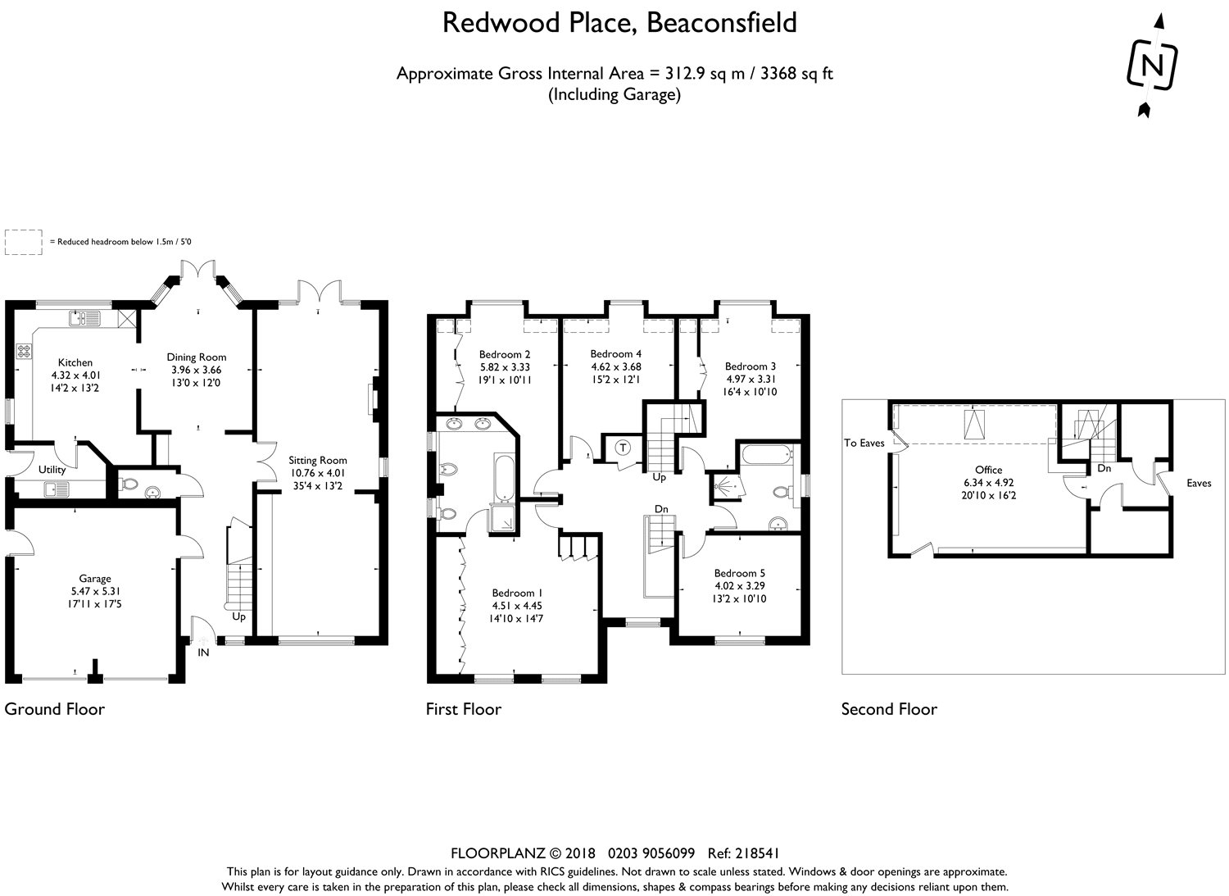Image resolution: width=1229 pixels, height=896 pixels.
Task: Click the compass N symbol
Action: coord(1152,65)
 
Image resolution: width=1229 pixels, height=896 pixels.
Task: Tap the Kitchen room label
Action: coord(75,362)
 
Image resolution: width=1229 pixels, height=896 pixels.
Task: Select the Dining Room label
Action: coord(197,357)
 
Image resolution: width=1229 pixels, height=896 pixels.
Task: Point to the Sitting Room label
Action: coord(318,460)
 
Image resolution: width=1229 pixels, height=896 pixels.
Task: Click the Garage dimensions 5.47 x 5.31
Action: coord(95,591)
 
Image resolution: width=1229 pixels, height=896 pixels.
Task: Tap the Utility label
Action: coord(52,470)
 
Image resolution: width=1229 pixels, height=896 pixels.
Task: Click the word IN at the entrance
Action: coord(203,653)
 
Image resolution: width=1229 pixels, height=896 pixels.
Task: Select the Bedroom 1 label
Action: coord(517,593)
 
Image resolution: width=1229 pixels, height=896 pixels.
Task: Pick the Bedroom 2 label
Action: coord(505,355)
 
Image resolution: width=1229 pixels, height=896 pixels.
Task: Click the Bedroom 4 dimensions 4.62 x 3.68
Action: coord(616,366)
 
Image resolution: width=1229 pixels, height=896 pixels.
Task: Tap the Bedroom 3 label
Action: coord(751,366)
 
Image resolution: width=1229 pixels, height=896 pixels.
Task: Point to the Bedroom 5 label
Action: coord(740,573)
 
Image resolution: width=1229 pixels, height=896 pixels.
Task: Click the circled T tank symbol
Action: coord(623,448)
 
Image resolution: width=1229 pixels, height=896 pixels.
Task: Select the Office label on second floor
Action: coord(989,470)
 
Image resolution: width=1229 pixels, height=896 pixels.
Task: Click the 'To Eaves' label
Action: coord(864,443)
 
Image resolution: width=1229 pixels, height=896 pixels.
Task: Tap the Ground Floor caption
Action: coord(54,709)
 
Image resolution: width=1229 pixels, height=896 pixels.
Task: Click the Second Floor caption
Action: coord(889,709)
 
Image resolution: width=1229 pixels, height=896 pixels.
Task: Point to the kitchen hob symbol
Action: coord(24,350)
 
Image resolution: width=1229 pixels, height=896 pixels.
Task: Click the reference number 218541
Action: coord(757,853)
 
